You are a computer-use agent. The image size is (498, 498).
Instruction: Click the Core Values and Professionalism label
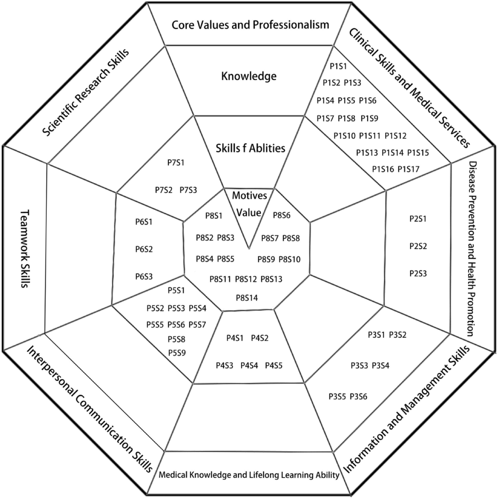click(x=250, y=25)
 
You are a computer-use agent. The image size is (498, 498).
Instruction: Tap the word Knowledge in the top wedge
click(x=249, y=76)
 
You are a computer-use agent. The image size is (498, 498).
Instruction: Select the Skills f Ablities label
click(x=250, y=148)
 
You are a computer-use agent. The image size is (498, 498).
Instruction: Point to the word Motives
click(x=249, y=195)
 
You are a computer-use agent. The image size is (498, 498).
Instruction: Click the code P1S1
click(x=338, y=66)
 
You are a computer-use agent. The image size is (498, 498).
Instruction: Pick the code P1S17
click(x=408, y=169)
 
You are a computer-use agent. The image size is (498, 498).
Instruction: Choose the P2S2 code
click(x=418, y=246)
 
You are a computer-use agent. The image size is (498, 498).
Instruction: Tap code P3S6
click(x=358, y=397)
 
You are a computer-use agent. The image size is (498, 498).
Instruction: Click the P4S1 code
click(x=235, y=338)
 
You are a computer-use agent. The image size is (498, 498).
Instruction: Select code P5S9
click(x=177, y=353)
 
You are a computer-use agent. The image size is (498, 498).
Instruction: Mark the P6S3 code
click(x=144, y=277)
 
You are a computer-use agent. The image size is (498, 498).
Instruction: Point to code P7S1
click(x=176, y=163)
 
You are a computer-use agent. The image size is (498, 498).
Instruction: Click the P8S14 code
click(x=247, y=298)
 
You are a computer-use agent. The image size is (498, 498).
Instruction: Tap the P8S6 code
click(x=281, y=215)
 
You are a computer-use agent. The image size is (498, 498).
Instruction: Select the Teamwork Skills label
click(x=25, y=248)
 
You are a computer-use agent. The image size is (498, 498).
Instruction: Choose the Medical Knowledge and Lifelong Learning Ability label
click(x=249, y=475)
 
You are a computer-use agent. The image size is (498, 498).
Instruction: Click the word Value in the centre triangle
click(x=249, y=212)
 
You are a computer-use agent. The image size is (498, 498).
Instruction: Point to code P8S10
click(x=289, y=260)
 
